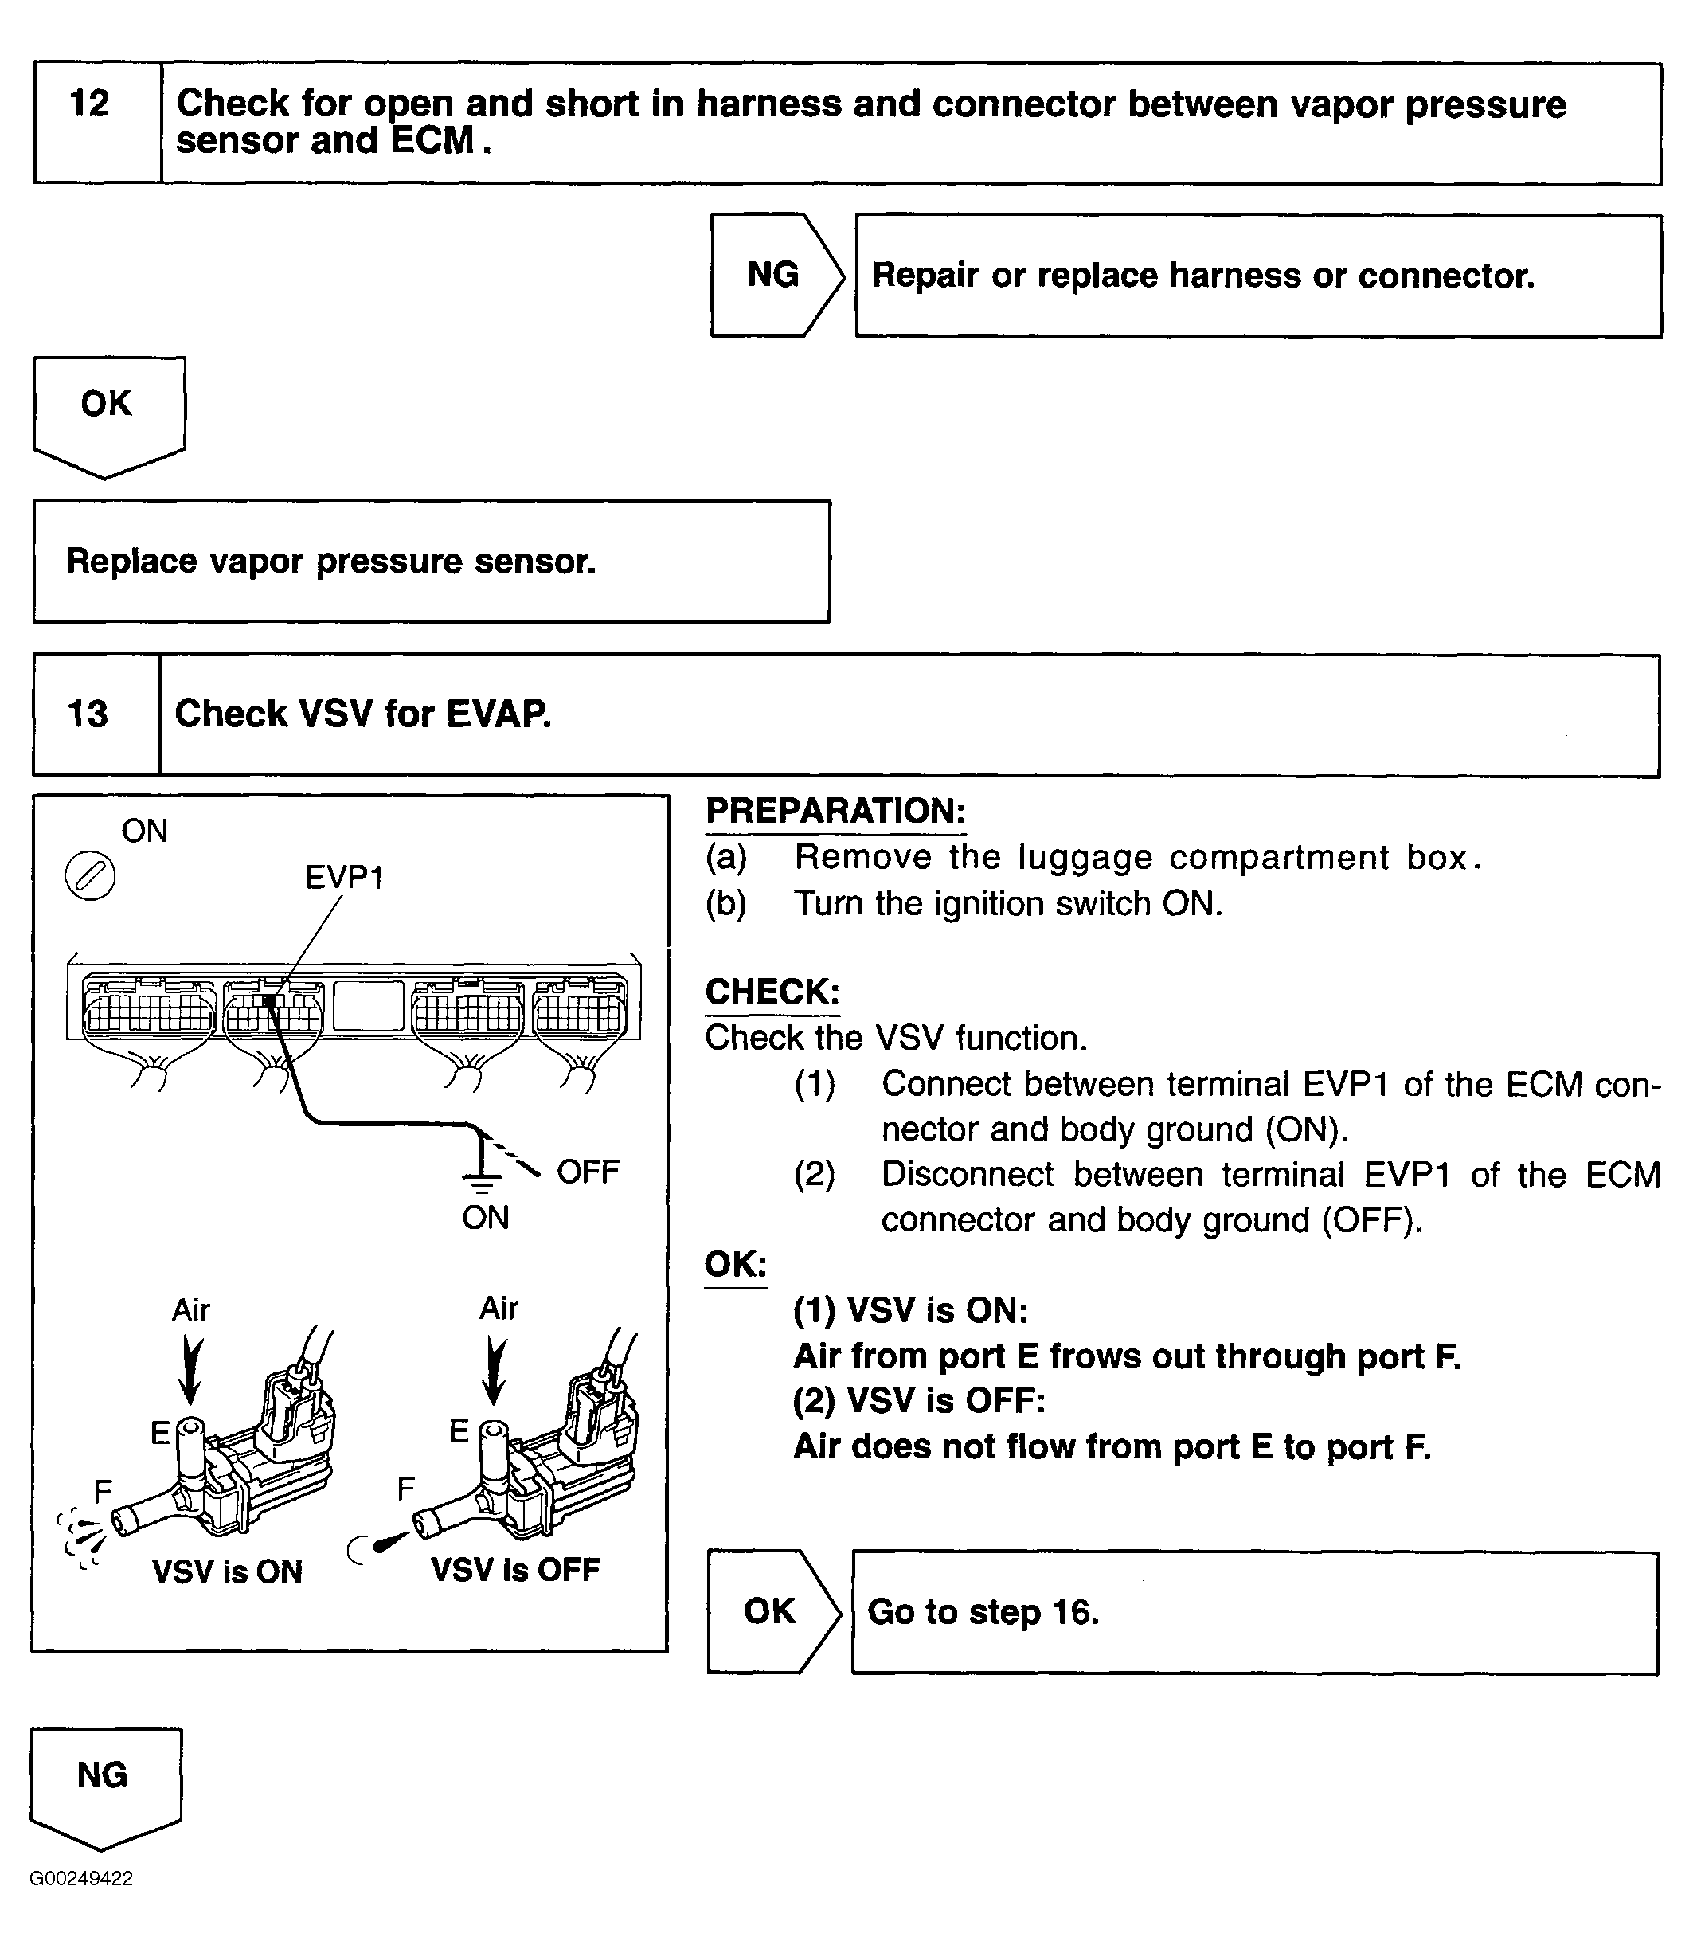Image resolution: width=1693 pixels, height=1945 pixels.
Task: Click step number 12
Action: [90, 104]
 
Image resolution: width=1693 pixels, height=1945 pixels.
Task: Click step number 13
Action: [88, 714]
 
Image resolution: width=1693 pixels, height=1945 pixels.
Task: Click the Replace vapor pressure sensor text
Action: [330, 562]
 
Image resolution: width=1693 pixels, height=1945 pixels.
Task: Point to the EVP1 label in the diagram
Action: [344, 878]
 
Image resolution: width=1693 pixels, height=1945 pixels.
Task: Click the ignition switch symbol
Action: [90, 876]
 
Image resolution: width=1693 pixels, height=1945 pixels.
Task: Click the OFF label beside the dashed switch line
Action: [588, 1172]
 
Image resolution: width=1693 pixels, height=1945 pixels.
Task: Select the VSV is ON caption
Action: [227, 1571]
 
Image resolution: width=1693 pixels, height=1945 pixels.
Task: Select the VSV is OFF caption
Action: [516, 1570]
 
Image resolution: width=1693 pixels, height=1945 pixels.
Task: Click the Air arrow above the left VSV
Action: [191, 1368]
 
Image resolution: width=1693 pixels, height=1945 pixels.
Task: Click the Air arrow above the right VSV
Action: [494, 1368]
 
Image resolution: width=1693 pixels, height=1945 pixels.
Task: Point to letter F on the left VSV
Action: [103, 1491]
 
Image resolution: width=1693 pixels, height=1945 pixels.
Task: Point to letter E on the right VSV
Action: [459, 1430]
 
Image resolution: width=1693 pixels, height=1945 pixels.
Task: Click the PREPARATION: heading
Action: [835, 811]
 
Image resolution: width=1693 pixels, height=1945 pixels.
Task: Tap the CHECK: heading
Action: [772, 992]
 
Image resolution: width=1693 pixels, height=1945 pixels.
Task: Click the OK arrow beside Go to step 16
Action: [770, 1611]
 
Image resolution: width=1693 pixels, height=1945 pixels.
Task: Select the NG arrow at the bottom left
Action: [102, 1776]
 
